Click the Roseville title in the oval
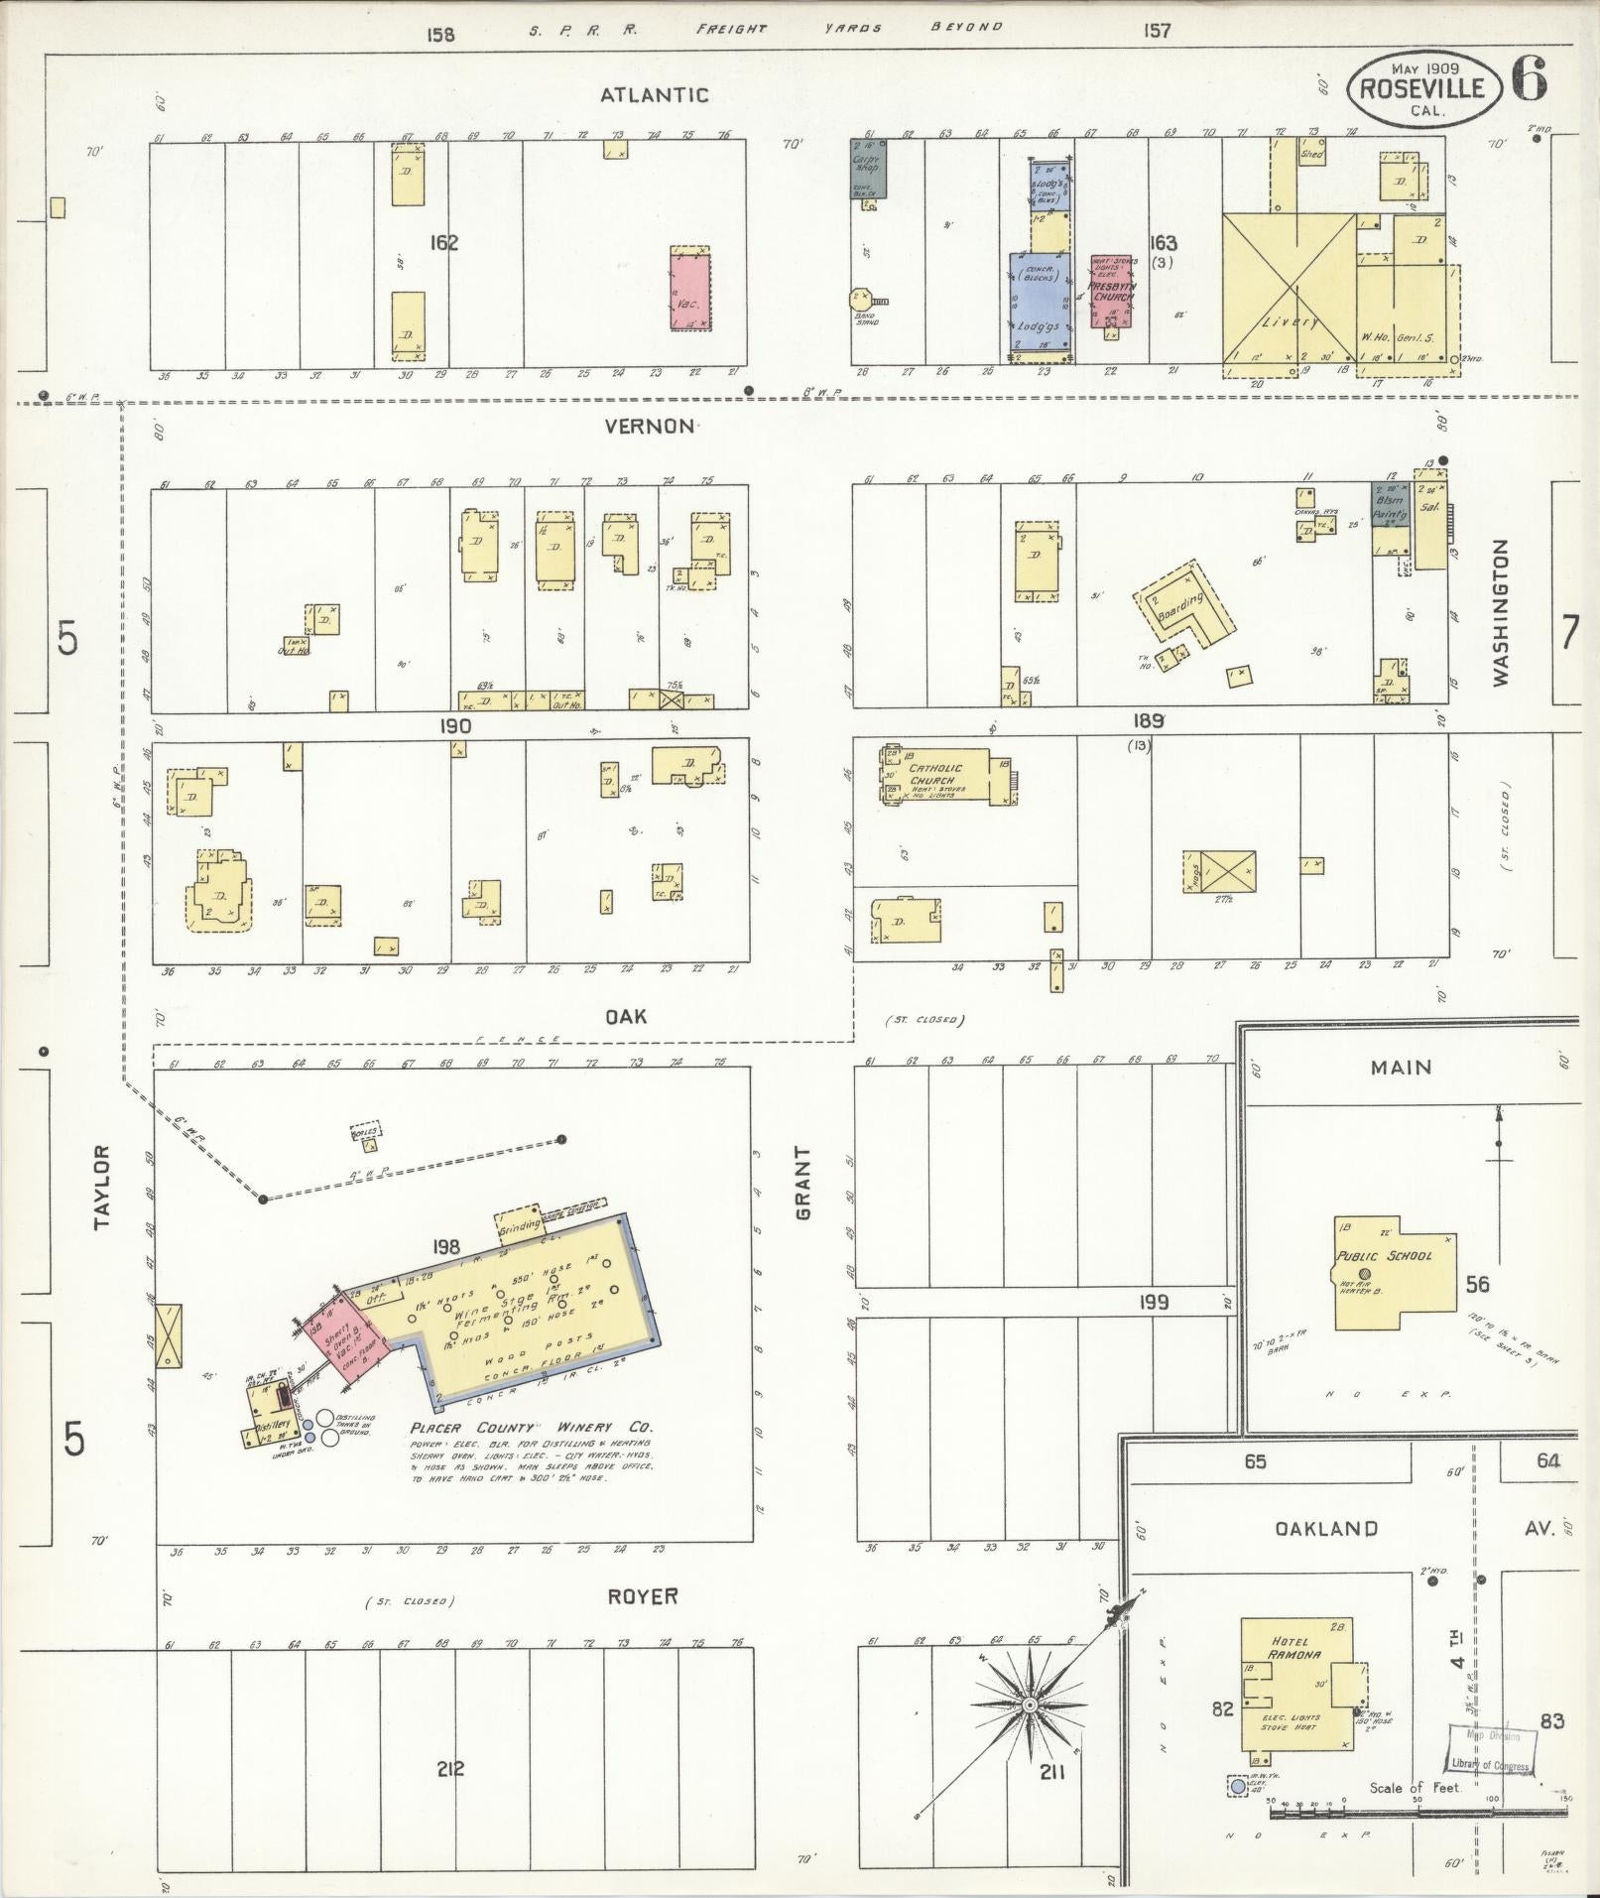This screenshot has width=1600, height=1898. click(x=1422, y=88)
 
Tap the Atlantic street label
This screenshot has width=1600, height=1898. click(x=654, y=95)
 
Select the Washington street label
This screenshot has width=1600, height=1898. click(x=1499, y=612)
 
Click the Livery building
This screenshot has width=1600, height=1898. click(x=1288, y=289)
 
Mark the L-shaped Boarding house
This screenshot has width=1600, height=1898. click(x=1184, y=605)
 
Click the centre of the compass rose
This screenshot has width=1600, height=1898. click(x=1029, y=1704)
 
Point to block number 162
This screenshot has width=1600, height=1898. click(x=443, y=242)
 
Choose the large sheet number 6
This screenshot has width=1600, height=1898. click(x=1529, y=79)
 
